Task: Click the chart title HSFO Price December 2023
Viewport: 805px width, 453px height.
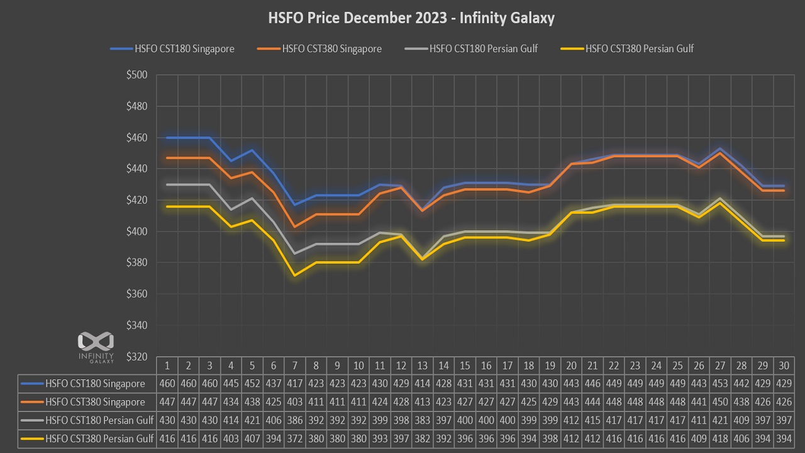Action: click(411, 18)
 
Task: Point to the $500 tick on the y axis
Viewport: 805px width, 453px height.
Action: click(136, 75)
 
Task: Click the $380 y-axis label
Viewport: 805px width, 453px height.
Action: click(136, 262)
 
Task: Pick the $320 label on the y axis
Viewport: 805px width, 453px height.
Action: click(136, 357)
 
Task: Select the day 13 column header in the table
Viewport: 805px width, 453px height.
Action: click(423, 366)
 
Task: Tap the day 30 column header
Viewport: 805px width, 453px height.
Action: click(784, 366)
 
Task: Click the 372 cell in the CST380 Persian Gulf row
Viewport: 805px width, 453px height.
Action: click(295, 439)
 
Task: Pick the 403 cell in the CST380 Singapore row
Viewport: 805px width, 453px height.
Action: click(295, 402)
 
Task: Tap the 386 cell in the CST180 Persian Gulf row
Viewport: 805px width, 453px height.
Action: click(295, 420)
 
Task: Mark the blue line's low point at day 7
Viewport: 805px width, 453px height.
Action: click(295, 204)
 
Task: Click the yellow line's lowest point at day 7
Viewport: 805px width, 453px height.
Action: click(295, 275)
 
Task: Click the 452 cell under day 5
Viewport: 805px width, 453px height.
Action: click(252, 384)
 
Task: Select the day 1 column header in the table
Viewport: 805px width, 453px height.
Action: click(167, 366)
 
